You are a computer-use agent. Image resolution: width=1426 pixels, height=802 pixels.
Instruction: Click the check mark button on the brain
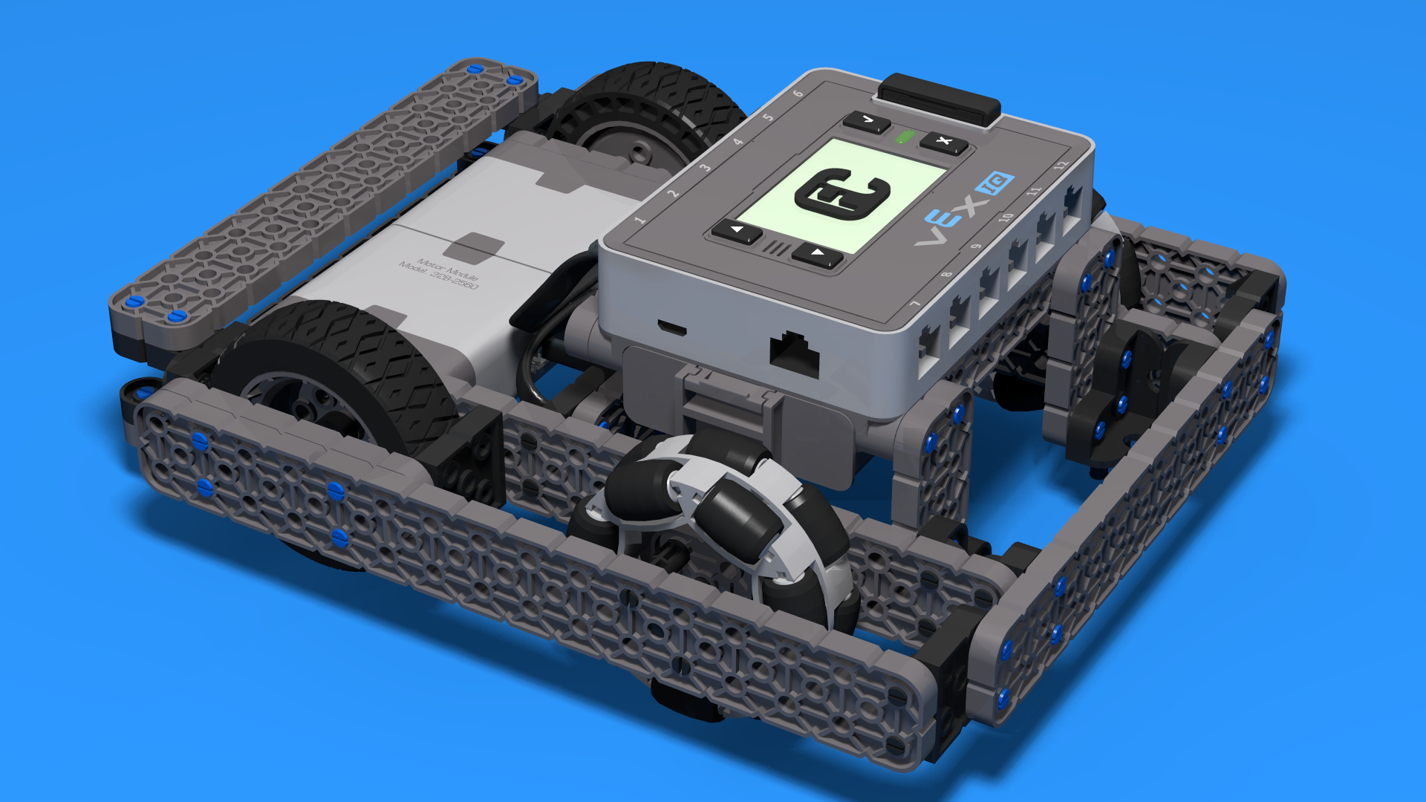(x=867, y=121)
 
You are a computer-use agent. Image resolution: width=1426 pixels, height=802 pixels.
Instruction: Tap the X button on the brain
(x=943, y=142)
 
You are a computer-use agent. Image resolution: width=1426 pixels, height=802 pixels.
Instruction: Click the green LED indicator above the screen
(x=904, y=137)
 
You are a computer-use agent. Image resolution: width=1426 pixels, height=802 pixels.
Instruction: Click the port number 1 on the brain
(x=639, y=220)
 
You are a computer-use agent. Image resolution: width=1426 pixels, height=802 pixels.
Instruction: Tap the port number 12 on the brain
(x=1061, y=164)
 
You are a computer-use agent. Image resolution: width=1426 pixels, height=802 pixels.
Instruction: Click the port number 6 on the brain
(x=798, y=94)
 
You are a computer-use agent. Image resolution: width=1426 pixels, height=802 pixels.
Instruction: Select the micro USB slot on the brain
(x=671, y=328)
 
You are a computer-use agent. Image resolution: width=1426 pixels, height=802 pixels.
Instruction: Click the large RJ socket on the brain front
(x=794, y=353)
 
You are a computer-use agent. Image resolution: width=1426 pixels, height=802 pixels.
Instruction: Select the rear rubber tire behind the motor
(x=654, y=111)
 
